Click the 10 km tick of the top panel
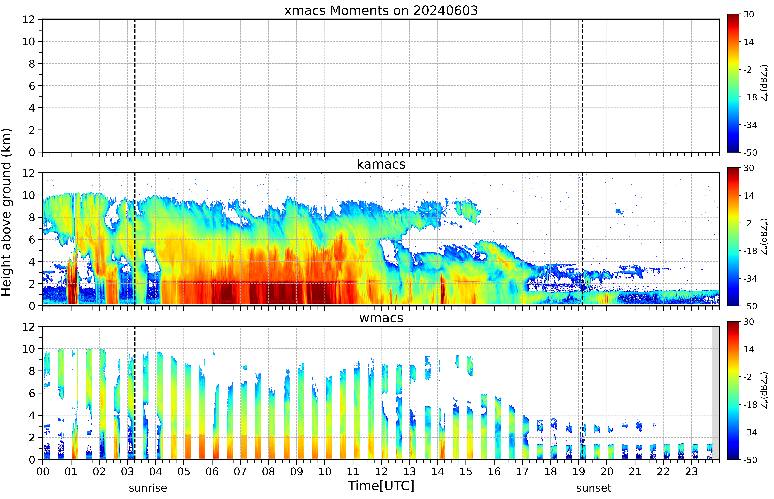point(29,41)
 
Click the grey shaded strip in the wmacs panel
point(716,393)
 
